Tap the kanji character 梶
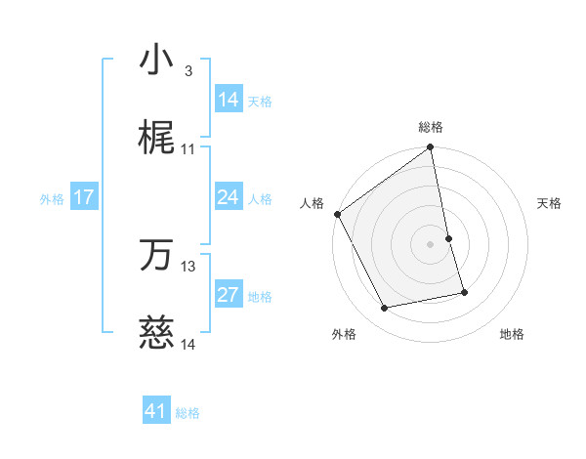click(156, 140)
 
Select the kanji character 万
click(156, 256)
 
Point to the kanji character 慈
click(156, 335)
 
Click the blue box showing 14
click(229, 100)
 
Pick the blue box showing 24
click(229, 197)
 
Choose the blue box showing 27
click(229, 295)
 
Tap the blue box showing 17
click(83, 197)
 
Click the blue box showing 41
click(156, 412)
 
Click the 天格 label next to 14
click(260, 101)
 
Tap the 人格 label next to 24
click(260, 198)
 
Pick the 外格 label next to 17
click(52, 198)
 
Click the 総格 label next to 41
click(188, 413)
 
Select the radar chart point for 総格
click(431, 148)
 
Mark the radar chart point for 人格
click(337, 214)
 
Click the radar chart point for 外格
click(386, 309)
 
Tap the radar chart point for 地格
click(464, 292)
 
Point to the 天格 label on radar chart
click(550, 203)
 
